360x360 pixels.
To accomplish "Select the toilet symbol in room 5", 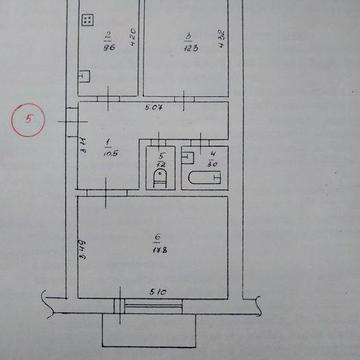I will pos(160,178).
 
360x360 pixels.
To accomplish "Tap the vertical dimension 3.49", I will pos(82,243).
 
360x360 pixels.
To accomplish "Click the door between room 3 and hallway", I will pos(186,99).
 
